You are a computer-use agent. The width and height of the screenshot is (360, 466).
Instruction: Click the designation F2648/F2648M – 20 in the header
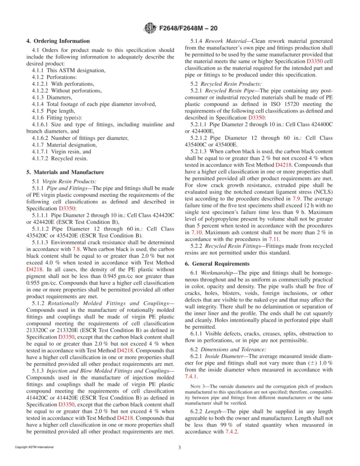(185, 28)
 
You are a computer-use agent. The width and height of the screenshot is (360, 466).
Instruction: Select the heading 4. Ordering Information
(58, 41)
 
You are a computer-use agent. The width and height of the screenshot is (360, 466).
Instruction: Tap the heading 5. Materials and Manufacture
(65, 172)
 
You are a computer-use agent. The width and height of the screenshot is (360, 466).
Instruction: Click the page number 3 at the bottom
(180, 447)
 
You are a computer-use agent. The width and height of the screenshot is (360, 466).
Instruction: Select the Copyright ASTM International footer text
(34, 447)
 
